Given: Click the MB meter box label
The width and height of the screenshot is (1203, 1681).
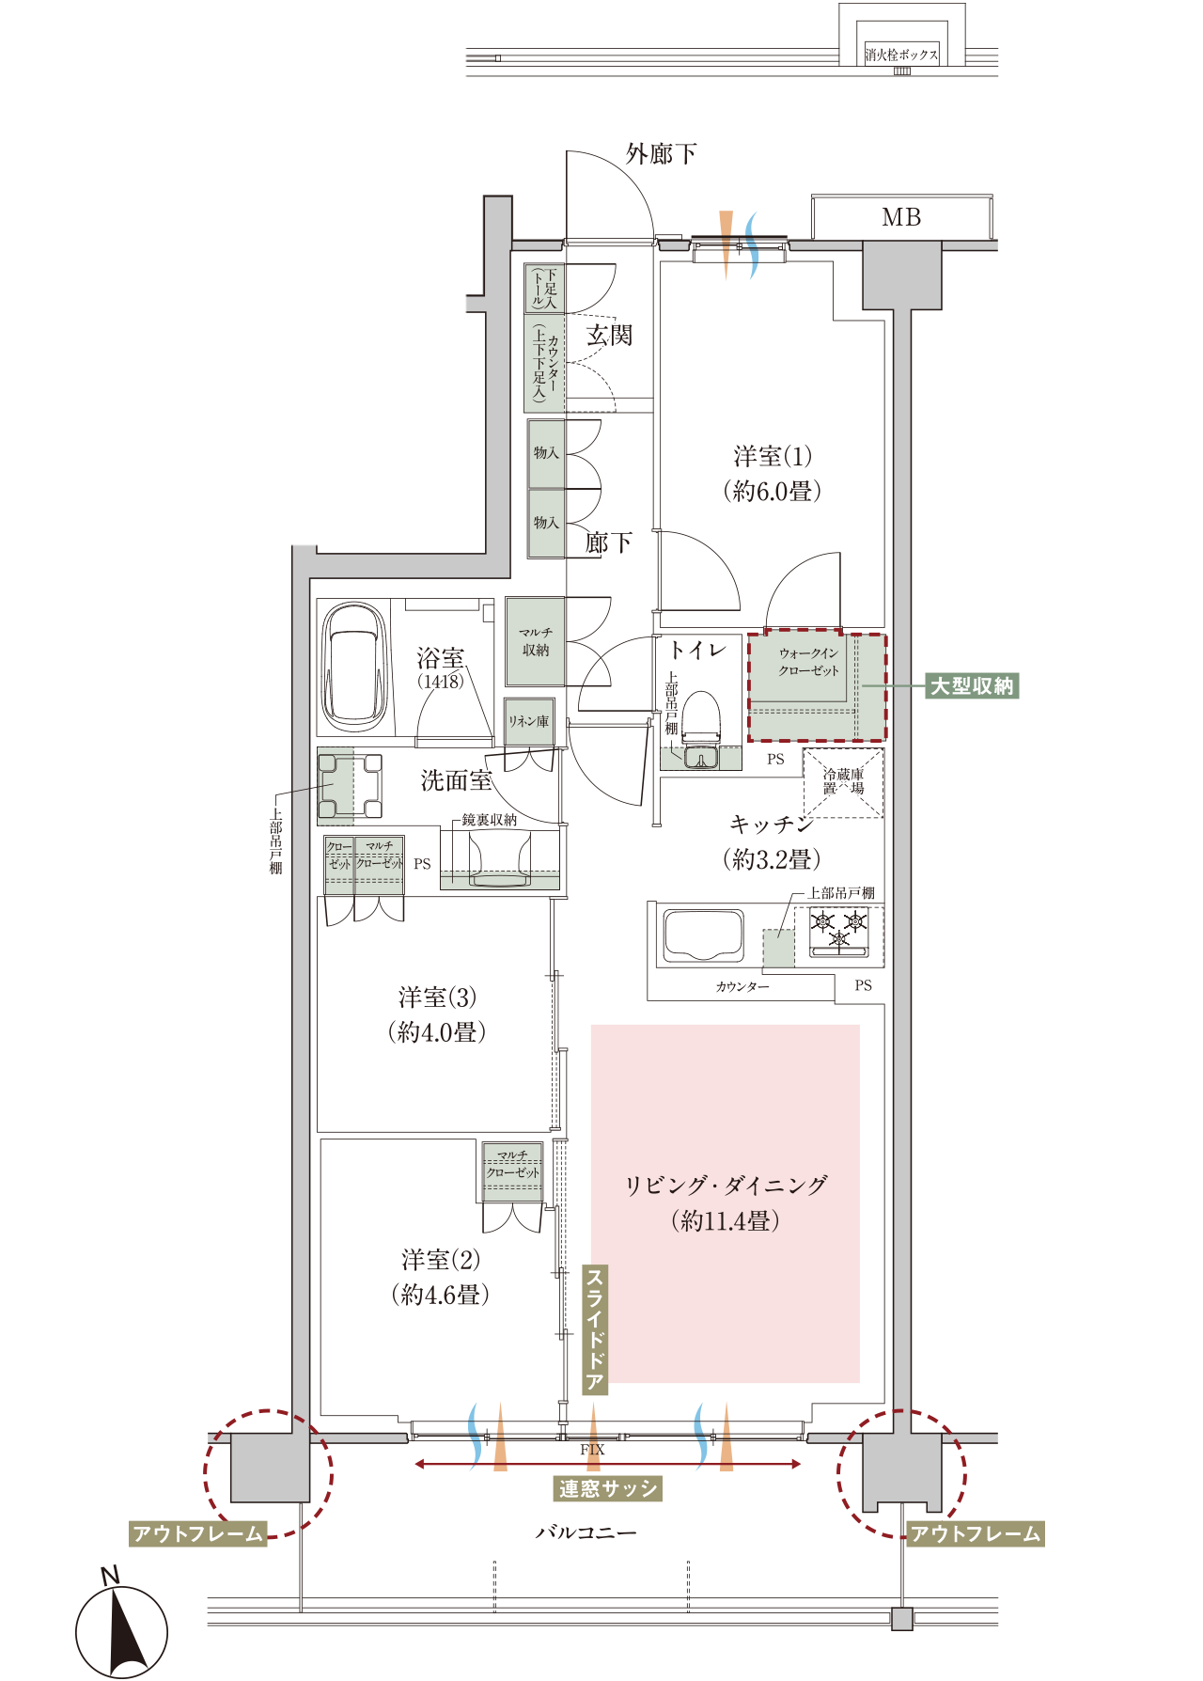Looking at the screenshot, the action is pyautogui.click(x=901, y=218).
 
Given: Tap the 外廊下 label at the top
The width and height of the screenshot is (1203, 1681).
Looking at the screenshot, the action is pyautogui.click(x=662, y=153).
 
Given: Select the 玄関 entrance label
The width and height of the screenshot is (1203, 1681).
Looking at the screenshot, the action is pyautogui.click(x=610, y=335).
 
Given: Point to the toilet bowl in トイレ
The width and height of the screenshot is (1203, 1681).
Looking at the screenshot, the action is pyautogui.click(x=700, y=719).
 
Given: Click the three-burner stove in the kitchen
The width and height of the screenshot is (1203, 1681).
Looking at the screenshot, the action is pyautogui.click(x=838, y=930).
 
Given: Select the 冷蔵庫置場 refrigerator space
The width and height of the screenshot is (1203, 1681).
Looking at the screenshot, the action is pyautogui.click(x=843, y=782).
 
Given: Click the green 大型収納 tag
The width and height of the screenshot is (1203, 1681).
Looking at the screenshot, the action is pyautogui.click(x=972, y=686).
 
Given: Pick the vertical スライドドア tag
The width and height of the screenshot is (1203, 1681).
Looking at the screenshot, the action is pyautogui.click(x=595, y=1329).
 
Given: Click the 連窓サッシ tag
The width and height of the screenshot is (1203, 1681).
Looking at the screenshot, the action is pyautogui.click(x=608, y=1488).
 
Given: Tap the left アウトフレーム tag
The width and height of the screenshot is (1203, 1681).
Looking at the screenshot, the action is pyautogui.click(x=198, y=1534).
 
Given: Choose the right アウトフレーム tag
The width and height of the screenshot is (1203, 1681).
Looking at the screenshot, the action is pyautogui.click(x=976, y=1534).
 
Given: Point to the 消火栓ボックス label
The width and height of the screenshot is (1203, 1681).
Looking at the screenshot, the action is pyautogui.click(x=901, y=55).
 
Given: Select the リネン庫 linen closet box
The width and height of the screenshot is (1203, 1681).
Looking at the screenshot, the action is pyautogui.click(x=528, y=721).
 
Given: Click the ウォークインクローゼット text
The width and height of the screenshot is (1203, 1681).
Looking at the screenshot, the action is pyautogui.click(x=808, y=662).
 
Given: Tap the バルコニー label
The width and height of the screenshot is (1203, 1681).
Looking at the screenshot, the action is pyautogui.click(x=586, y=1532).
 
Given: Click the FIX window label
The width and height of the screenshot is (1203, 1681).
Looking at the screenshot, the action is pyautogui.click(x=592, y=1450).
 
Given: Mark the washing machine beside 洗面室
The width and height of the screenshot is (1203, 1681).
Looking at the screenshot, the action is pyautogui.click(x=350, y=785).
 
